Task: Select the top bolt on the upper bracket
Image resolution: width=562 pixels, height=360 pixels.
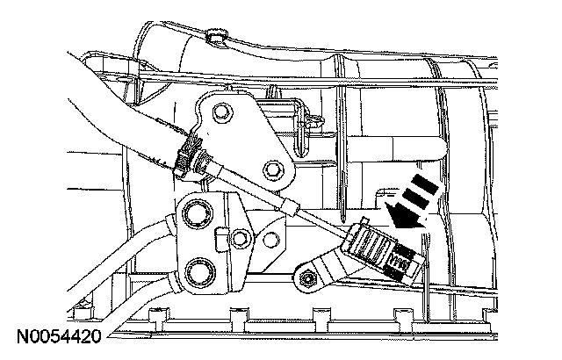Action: pos(220,112)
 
